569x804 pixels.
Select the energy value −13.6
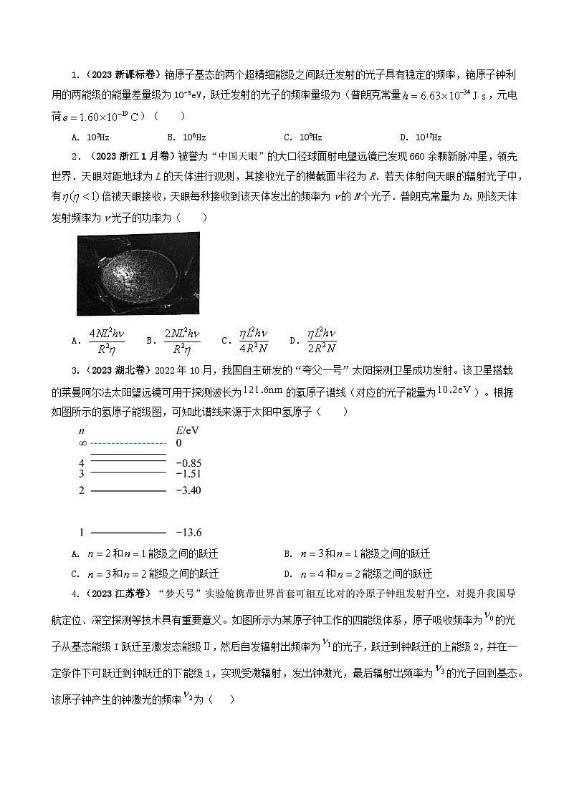point(188,533)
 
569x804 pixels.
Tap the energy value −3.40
point(188,490)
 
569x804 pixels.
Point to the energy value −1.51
point(188,473)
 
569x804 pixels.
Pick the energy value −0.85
point(188,462)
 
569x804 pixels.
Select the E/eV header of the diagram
point(188,430)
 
